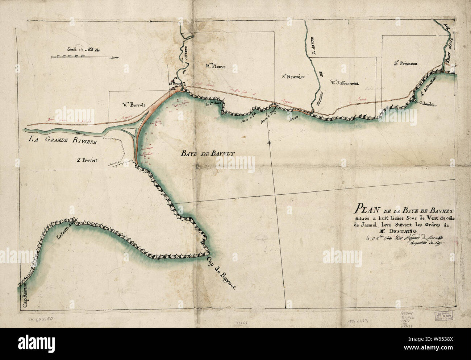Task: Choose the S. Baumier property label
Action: [x=293, y=77]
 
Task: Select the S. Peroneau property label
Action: [x=406, y=63]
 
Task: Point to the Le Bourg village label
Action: [x=175, y=84]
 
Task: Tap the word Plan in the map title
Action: [x=366, y=210]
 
